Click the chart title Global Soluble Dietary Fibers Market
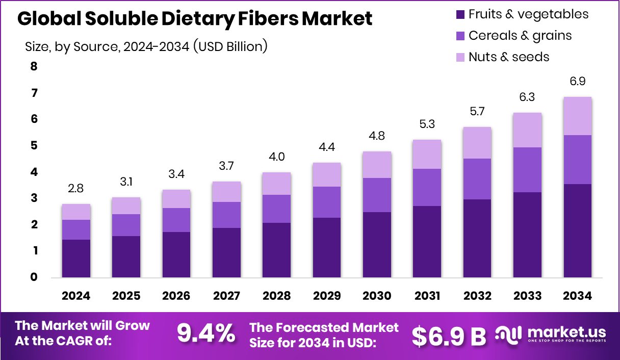(195, 19)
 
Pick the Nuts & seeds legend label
(509, 57)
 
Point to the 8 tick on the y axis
(34, 66)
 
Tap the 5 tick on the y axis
(34, 146)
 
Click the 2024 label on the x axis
(76, 296)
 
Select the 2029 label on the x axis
(327, 296)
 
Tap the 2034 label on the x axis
(578, 296)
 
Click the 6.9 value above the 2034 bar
(578, 82)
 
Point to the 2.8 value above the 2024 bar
(76, 189)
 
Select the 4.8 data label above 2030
(377, 136)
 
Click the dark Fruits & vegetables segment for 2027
(226, 252)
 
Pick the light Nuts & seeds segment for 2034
(578, 116)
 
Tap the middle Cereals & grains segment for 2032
(477, 179)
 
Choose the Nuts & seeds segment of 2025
(126, 206)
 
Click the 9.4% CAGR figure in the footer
(206, 334)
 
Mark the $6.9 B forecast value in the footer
(449, 336)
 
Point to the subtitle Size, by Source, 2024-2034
(146, 47)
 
